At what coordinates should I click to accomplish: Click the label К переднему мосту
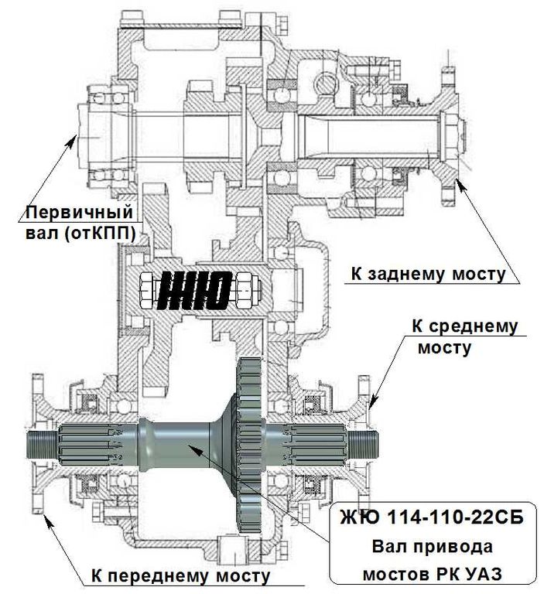pos(180,575)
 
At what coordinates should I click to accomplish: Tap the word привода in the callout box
pos(452,547)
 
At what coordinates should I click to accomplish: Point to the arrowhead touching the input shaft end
pos(73,138)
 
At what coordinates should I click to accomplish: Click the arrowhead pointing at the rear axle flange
pos(459,181)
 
